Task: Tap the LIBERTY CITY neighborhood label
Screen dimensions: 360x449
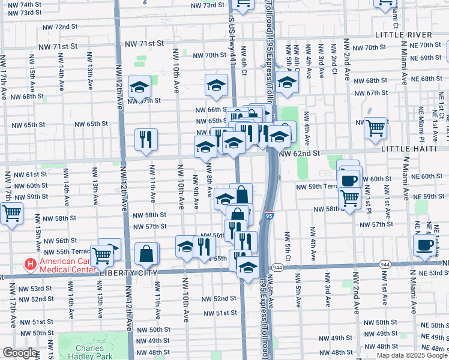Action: pyautogui.click(x=128, y=272)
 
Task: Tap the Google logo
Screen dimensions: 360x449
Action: pyautogui.click(x=19, y=353)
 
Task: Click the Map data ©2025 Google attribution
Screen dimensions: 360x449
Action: pyautogui.click(x=412, y=355)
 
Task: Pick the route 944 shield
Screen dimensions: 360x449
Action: pyautogui.click(x=277, y=266)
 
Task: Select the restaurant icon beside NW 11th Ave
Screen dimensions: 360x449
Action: pyautogui.click(x=146, y=139)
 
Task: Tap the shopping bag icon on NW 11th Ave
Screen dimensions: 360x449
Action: pyautogui.click(x=146, y=253)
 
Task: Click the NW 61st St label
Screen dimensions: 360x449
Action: pyautogui.click(x=28, y=175)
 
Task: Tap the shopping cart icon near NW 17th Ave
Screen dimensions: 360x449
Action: pyautogui.click(x=11, y=213)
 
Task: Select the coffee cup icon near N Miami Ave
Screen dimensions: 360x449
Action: pyautogui.click(x=425, y=245)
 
